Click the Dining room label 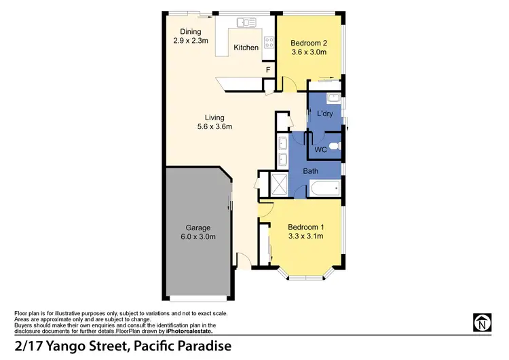coord(190,32)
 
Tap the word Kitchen coord(246,48)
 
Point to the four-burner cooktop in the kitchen coord(269,43)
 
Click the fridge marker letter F coord(269,69)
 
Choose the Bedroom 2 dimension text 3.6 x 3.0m coord(309,51)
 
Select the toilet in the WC coord(340,145)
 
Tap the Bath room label coord(311,171)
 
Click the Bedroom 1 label coord(305,227)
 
